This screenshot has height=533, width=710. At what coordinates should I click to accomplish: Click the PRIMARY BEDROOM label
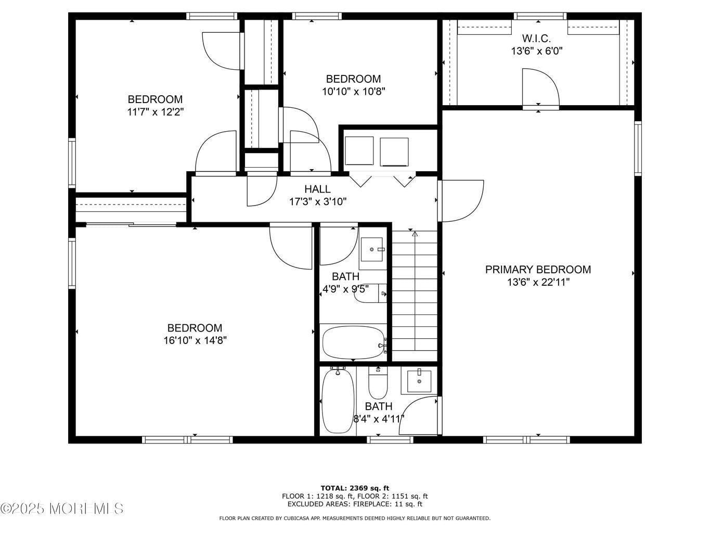[538, 269]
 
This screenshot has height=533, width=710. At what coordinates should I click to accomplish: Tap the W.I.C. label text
[536, 39]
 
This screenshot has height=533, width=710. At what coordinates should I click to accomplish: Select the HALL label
[317, 188]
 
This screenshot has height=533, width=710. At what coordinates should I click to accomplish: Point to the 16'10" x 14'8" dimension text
[195, 340]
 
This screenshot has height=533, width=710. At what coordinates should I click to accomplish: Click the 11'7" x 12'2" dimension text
[156, 112]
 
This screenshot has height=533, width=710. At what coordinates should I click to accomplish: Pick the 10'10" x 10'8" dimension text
[353, 92]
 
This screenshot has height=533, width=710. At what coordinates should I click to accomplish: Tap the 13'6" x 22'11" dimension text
[538, 282]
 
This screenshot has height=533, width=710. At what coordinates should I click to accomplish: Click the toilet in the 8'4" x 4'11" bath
[378, 383]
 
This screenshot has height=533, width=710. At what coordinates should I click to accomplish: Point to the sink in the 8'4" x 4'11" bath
[419, 380]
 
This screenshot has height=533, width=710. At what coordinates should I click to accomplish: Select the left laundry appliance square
[359, 151]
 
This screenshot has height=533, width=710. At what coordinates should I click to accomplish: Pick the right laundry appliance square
[394, 152]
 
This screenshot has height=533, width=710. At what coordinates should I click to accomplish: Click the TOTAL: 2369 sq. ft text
[355, 488]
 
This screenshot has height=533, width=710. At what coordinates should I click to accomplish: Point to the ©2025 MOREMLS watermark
[61, 509]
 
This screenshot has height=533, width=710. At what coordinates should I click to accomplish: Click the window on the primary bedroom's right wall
[638, 148]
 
